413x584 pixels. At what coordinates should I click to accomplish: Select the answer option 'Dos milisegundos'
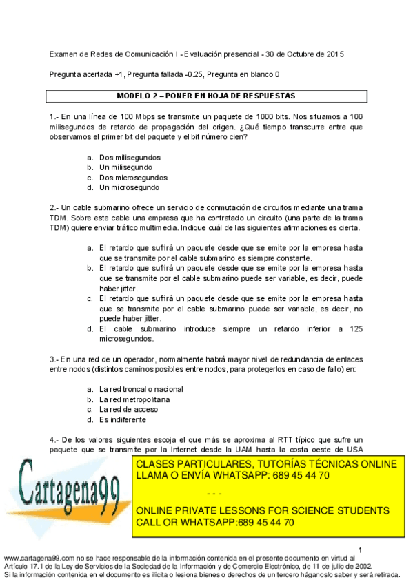130,158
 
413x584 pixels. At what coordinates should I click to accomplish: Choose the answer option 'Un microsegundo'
129,187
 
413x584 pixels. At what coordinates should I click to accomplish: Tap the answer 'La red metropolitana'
134,399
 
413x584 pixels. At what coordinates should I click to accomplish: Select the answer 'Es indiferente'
123,419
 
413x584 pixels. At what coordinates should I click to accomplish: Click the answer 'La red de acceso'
128,409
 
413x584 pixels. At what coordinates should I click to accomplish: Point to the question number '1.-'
54,117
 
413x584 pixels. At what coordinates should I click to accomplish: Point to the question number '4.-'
54,439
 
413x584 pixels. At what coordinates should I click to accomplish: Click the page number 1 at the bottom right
359,549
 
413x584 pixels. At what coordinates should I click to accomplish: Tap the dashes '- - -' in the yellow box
215,493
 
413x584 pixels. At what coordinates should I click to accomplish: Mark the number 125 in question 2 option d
355,329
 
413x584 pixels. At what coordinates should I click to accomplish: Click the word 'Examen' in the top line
64,54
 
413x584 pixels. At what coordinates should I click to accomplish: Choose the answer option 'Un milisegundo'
126,167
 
